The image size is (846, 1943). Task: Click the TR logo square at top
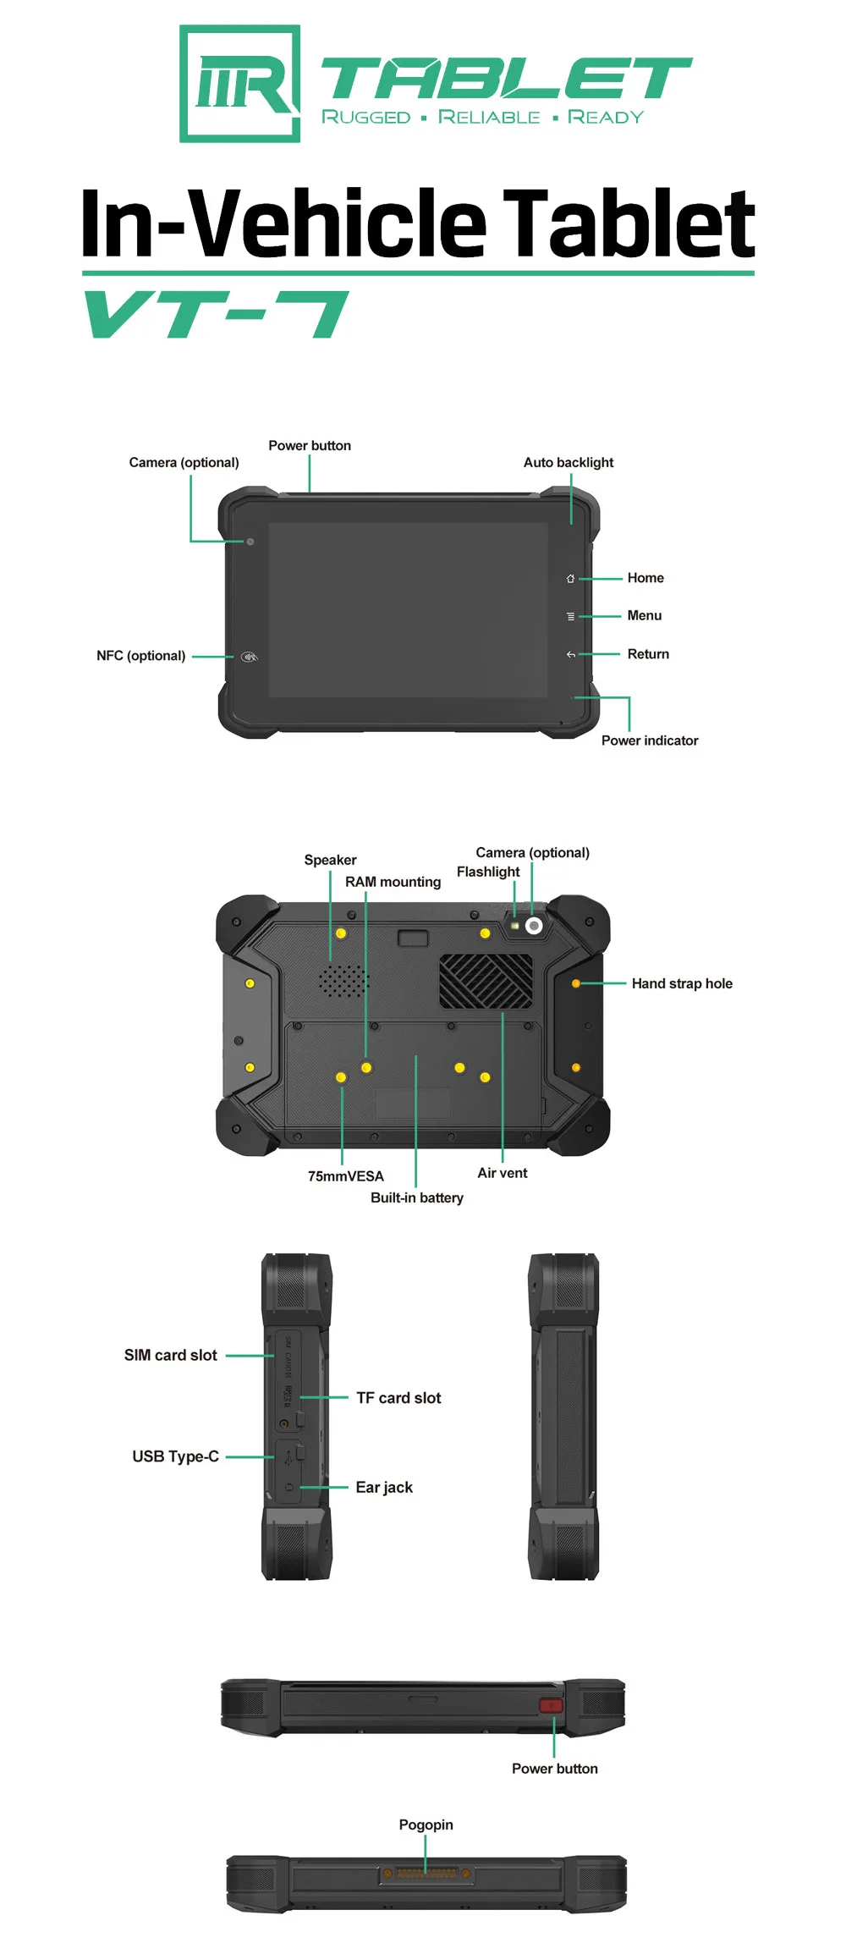(239, 83)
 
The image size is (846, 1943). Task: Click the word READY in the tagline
(606, 117)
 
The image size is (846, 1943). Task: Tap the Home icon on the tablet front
(570, 579)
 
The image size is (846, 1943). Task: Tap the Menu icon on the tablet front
(570, 617)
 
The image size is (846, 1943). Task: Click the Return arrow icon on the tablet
(570, 654)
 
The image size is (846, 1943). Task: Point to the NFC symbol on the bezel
(249, 657)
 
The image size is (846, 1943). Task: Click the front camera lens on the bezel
(250, 542)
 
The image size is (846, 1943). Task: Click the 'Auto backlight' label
(568, 462)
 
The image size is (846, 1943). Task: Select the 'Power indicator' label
(649, 740)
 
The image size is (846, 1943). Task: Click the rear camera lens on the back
(534, 926)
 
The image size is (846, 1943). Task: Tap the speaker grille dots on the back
(343, 981)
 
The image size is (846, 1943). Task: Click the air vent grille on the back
(486, 982)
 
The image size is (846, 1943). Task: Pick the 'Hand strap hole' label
(682, 983)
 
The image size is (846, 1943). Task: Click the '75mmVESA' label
(345, 1176)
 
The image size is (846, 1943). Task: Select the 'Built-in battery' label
(416, 1197)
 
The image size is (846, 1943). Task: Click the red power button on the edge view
(551, 1705)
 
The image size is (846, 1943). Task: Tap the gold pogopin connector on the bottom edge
(426, 1874)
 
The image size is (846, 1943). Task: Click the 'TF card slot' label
(398, 1398)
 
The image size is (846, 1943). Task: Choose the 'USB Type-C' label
(175, 1456)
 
